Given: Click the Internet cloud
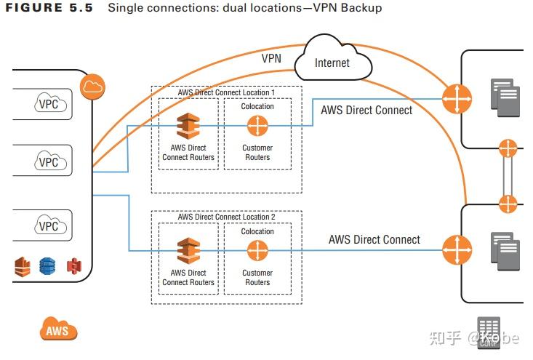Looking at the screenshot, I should click(332, 63).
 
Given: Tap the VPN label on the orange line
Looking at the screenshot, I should click(271, 58).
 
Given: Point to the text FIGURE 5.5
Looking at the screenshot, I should click(47, 8).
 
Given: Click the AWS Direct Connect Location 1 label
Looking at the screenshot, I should click(226, 93).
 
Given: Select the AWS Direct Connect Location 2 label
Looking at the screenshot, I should click(226, 217).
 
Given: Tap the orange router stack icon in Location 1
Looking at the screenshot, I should click(188, 126).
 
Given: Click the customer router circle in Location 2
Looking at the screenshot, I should click(257, 251).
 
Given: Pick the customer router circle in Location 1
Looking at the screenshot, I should click(257, 126).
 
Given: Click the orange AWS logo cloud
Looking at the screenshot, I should click(58, 330).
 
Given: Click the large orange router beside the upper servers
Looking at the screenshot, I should click(456, 98).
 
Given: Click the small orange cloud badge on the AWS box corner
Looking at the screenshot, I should click(93, 86).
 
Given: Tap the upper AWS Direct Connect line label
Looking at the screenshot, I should click(366, 111).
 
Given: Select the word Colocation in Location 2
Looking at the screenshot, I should click(257, 231).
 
